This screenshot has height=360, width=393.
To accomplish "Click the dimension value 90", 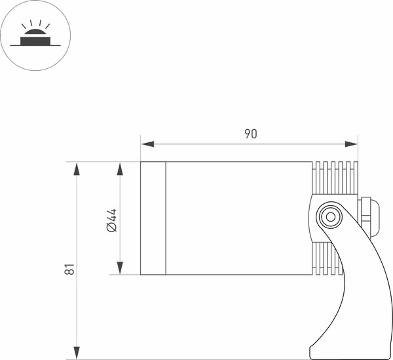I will (250, 134).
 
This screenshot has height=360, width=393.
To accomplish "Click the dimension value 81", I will (70, 269).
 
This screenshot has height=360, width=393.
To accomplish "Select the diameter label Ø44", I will (111, 219).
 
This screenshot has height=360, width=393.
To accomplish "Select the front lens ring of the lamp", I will (153, 218).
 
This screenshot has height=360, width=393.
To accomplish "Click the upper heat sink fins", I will (335, 178).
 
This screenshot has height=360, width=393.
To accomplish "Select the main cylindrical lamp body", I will (236, 218).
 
